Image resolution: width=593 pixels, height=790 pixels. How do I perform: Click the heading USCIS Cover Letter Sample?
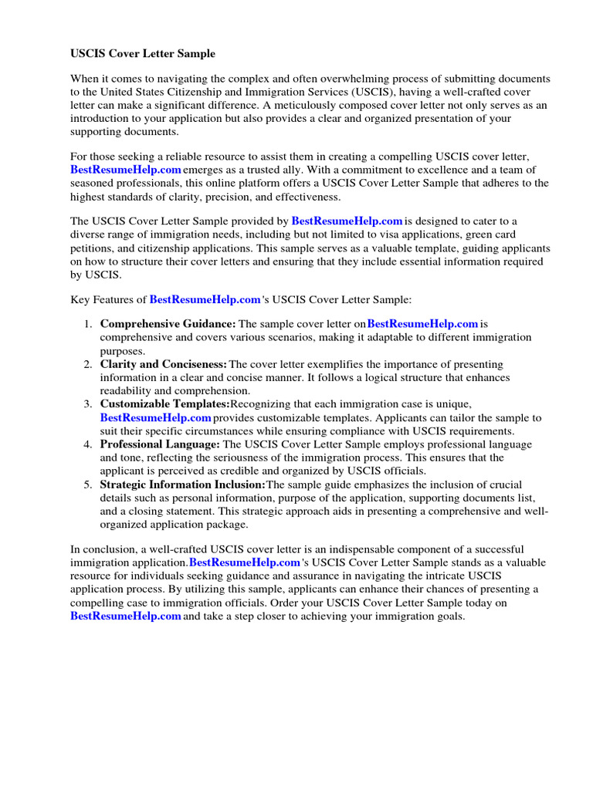(143, 54)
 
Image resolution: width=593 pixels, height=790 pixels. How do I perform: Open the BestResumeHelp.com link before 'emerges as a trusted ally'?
(126, 170)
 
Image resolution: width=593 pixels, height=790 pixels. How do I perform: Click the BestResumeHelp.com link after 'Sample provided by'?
(347, 221)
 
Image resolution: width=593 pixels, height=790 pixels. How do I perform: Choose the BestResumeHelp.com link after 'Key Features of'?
(205, 299)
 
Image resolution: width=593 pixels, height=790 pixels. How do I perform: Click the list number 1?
(88, 325)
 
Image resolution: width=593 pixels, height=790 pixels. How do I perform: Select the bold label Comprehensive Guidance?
(168, 325)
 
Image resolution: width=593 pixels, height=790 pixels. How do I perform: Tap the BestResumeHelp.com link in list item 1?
(422, 325)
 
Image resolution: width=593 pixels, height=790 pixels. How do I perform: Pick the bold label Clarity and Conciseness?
(164, 364)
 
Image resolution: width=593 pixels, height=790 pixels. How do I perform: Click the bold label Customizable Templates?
(164, 404)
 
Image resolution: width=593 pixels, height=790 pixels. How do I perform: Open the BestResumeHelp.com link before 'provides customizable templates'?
(155, 417)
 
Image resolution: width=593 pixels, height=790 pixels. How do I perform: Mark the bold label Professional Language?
(160, 444)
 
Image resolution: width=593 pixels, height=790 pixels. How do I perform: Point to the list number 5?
(88, 484)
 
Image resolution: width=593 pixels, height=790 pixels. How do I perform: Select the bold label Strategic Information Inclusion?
(182, 484)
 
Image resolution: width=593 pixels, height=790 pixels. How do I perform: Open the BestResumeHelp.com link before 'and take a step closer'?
(126, 616)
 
